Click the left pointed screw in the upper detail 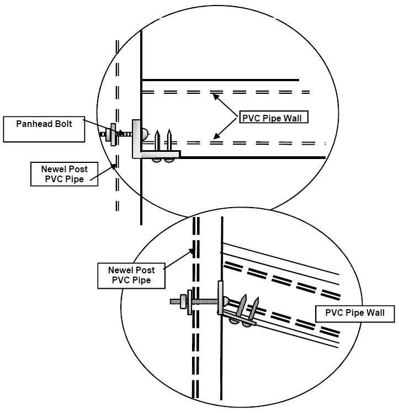click(158, 141)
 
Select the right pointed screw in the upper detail click(171, 140)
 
